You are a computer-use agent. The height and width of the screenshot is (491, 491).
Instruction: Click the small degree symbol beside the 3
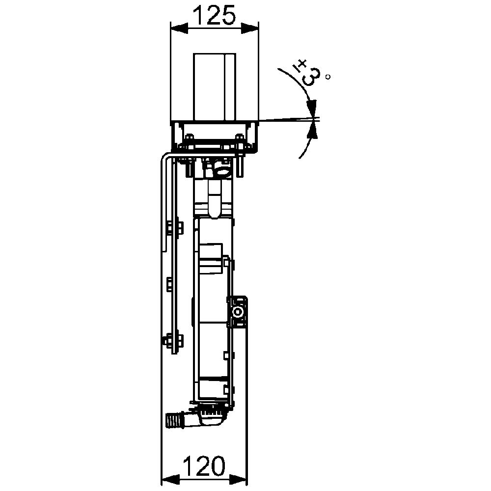point(328,77)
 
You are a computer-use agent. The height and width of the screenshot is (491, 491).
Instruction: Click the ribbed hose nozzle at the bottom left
point(173,421)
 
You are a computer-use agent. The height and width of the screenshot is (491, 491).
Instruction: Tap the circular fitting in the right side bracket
point(238,313)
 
